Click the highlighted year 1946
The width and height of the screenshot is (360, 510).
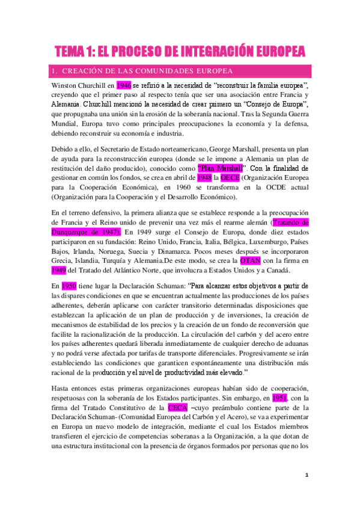124,85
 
